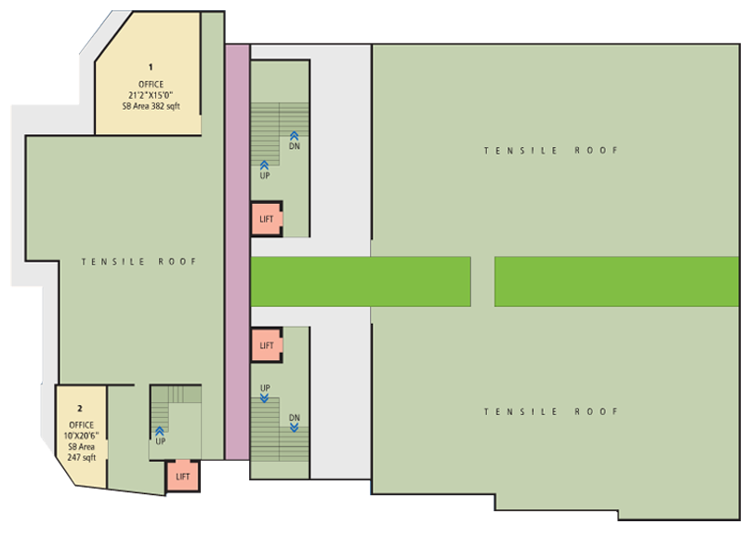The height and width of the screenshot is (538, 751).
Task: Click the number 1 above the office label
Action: point(151,67)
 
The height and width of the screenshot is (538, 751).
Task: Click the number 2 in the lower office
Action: point(80,409)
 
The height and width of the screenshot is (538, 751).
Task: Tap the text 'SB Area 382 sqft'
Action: point(151,106)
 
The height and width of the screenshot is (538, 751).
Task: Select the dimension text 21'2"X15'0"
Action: point(151,95)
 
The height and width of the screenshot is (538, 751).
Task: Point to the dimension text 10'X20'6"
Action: point(82,436)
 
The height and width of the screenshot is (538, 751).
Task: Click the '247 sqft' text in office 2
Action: point(82,457)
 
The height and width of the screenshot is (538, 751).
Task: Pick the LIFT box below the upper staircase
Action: point(267,219)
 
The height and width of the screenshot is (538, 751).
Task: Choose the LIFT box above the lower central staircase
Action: point(267,345)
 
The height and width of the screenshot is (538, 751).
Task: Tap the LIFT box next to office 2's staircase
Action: point(182,477)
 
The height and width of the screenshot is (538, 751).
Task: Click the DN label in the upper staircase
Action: point(295,146)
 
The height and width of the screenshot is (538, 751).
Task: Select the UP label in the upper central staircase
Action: point(265,176)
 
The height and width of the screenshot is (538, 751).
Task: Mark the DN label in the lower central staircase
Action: point(295,418)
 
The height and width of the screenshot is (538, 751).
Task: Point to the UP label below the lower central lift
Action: point(265,388)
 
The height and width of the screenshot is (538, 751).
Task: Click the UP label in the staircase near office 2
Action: point(161,441)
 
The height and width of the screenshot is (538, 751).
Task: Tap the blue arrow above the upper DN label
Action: point(294,136)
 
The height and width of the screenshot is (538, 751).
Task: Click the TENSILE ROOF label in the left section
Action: point(138,262)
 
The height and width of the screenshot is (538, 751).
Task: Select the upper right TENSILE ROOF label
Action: point(551,151)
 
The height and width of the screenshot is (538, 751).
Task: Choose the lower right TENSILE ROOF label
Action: point(551,411)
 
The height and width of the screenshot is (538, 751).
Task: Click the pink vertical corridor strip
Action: point(238,252)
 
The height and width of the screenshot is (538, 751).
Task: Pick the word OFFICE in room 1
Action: point(151,85)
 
